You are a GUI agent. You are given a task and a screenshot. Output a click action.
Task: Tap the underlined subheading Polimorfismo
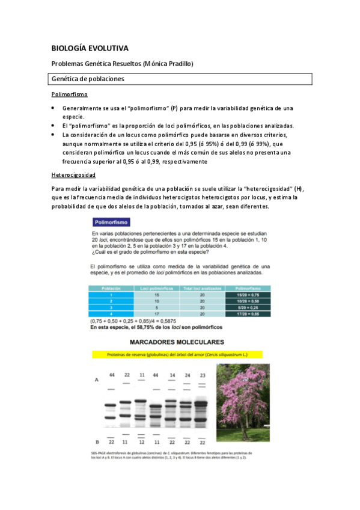(x=69, y=94)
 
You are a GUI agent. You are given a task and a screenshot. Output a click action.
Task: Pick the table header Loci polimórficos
(x=157, y=288)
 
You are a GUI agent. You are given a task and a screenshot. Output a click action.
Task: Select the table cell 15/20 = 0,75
(x=248, y=295)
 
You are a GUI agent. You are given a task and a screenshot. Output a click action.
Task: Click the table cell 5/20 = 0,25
(x=248, y=307)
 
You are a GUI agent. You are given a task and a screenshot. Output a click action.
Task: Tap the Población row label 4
(x=111, y=314)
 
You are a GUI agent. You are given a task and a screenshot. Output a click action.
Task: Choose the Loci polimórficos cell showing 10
(x=157, y=301)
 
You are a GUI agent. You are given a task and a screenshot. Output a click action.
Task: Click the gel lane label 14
(x=172, y=375)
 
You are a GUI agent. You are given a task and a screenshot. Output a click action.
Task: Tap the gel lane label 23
(x=203, y=375)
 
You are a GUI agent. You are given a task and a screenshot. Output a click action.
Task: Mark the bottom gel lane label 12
(x=141, y=443)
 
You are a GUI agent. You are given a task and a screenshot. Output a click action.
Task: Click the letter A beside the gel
(x=97, y=380)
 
